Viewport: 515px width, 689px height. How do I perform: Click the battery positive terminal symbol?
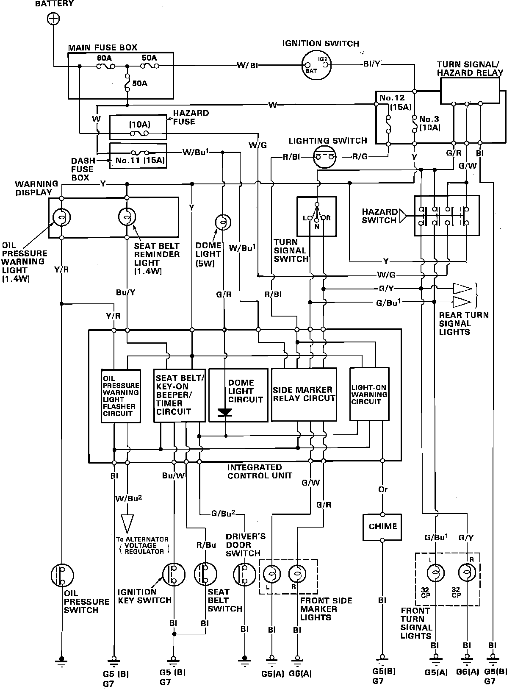click(53, 19)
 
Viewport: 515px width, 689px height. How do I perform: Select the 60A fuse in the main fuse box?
click(105, 66)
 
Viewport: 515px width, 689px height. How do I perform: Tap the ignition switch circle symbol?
click(317, 65)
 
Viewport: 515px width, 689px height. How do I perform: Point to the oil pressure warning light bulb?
click(62, 217)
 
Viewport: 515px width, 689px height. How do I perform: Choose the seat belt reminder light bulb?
click(127, 217)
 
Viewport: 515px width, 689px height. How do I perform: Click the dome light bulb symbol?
click(223, 221)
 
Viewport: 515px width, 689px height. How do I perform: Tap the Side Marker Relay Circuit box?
click(304, 394)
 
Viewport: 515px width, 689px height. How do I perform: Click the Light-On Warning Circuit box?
click(369, 394)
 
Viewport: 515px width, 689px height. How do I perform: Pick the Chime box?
click(382, 527)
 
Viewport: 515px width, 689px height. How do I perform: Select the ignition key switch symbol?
click(174, 575)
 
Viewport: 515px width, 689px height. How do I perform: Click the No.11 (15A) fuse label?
click(139, 161)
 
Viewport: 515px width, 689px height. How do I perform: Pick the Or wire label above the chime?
click(383, 489)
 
